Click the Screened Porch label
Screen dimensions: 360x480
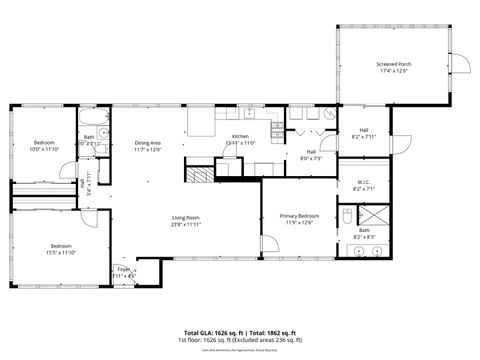pos(394,64)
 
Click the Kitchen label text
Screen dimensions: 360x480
pos(240,136)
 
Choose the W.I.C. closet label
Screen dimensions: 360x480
pos(363,182)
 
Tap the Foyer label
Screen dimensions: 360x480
pos(124,269)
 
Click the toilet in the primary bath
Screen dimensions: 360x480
pos(347,216)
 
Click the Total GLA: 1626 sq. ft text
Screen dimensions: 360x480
pos(215,332)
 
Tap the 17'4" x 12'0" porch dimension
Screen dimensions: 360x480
pos(394,71)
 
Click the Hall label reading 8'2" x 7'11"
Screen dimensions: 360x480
pos(363,136)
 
